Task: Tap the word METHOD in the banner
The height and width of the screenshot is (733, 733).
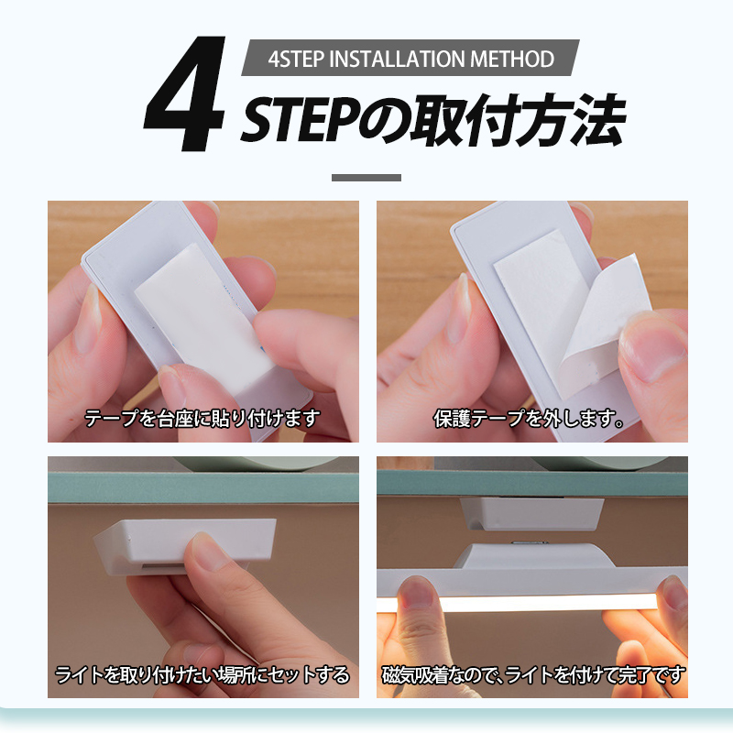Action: click(512, 59)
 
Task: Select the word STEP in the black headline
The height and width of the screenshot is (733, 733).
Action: click(301, 120)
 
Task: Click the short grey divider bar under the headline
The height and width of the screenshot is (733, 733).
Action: click(366, 178)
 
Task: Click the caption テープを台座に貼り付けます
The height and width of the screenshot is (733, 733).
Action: click(202, 418)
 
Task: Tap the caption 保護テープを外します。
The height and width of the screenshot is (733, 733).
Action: click(529, 418)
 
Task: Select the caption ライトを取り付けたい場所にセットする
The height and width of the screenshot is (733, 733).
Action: click(202, 675)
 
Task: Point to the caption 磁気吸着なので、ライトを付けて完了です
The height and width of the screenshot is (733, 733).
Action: click(533, 675)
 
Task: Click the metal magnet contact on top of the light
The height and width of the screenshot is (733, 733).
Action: click(530, 542)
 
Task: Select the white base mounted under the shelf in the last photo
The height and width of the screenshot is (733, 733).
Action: click(532, 514)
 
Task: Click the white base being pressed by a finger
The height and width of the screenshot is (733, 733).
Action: click(185, 544)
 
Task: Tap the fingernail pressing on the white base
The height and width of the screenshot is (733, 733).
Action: click(209, 552)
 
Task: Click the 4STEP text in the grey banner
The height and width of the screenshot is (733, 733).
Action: click(296, 59)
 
